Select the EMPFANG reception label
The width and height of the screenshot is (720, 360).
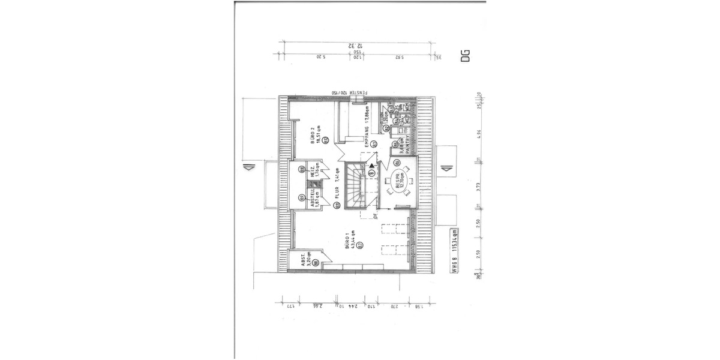365,127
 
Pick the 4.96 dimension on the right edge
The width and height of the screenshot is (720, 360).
478,133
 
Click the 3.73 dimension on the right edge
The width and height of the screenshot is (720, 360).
478,185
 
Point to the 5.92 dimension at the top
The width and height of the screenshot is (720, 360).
398,58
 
